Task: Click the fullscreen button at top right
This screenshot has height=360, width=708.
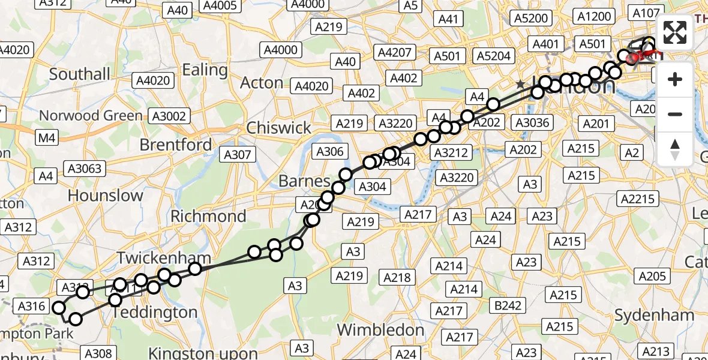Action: [675, 32]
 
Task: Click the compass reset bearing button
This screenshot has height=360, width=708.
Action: [675, 149]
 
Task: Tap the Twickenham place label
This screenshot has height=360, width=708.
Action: [163, 258]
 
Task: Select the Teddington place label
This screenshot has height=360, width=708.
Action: [154, 313]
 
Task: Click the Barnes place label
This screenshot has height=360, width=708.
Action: [304, 181]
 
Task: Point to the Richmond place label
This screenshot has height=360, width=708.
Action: [208, 216]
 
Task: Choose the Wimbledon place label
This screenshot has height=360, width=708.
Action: [380, 330]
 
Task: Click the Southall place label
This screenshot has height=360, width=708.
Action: [79, 74]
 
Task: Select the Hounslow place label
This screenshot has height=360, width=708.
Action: [106, 196]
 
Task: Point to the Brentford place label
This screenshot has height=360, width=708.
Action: [175, 145]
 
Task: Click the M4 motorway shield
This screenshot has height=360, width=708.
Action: [47, 139]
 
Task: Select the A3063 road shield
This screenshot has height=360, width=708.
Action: [86, 169]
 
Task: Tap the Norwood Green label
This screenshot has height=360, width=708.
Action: [91, 115]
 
